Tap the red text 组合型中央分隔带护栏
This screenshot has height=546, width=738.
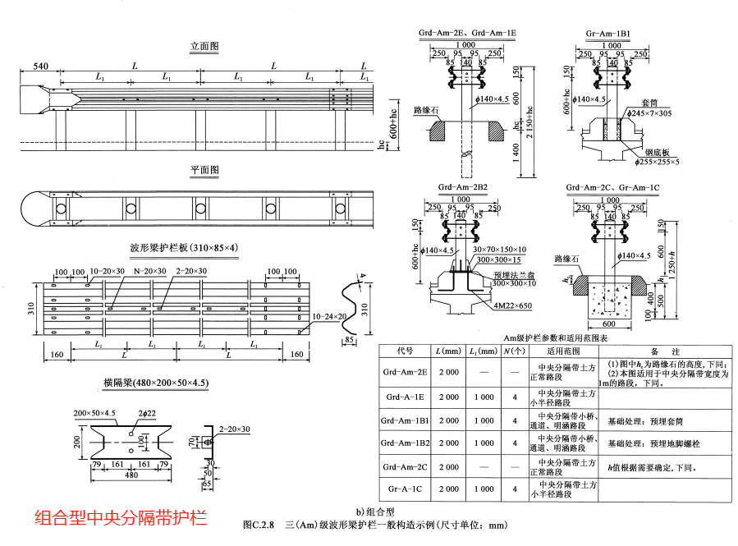coord(120,518)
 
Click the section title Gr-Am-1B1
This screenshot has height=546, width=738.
coord(608,34)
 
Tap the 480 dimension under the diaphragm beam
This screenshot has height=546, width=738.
coord(131,474)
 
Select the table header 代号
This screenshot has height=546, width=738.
coord(404,351)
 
